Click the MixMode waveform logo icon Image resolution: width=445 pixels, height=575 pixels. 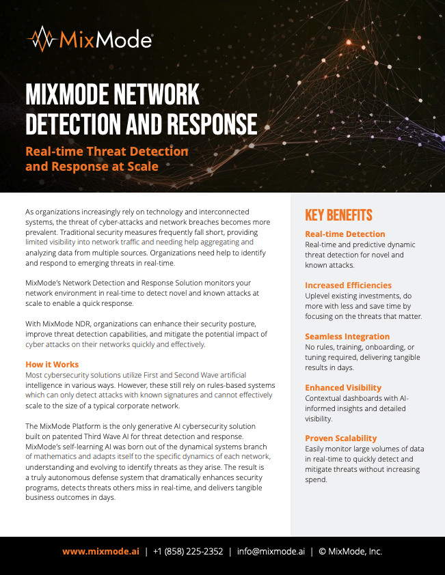pyautogui.click(x=42, y=39)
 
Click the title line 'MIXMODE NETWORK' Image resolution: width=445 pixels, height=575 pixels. pyautogui.click(x=112, y=94)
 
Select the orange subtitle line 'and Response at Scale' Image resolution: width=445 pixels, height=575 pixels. pyautogui.click(x=92, y=166)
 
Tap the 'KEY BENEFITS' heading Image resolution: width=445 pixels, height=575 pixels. pyautogui.click(x=338, y=216)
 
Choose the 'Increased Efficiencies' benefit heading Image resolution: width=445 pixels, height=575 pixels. pyautogui.click(x=348, y=285)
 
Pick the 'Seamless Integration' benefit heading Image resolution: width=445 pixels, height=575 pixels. pyautogui.click(x=347, y=337)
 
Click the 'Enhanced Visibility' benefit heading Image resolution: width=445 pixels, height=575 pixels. pyautogui.click(x=343, y=388)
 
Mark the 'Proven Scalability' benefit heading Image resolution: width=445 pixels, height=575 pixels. pyautogui.click(x=341, y=438)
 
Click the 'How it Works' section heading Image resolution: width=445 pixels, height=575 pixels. pyautogui.click(x=52, y=365)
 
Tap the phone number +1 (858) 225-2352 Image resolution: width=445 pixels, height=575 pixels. pyautogui.click(x=188, y=552)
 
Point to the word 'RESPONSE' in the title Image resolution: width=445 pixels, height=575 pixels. pyautogui.click(x=203, y=124)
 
